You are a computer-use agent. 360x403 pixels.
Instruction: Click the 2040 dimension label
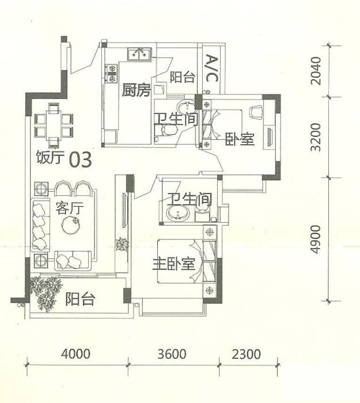[316, 71]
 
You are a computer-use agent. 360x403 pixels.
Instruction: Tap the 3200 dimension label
[316, 137]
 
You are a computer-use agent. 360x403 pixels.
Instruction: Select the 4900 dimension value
[316, 239]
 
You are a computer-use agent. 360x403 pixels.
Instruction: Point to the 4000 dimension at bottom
[75, 353]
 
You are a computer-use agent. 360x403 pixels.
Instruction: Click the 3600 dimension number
[172, 353]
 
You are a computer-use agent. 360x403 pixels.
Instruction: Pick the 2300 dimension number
[247, 353]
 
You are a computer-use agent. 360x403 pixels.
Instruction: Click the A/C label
[212, 68]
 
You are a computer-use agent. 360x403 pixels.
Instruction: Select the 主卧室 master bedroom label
[174, 264]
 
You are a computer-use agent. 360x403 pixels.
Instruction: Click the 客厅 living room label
[70, 208]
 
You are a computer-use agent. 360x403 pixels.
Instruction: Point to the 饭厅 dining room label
[50, 157]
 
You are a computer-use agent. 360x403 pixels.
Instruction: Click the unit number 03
[81, 159]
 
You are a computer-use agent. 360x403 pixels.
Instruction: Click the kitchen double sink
[139, 54]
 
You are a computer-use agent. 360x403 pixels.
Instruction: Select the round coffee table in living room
[70, 225]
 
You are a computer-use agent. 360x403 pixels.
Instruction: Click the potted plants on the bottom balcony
[46, 293]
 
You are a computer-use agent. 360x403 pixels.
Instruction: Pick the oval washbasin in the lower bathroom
[178, 214]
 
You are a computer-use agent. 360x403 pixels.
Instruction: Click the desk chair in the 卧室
[256, 112]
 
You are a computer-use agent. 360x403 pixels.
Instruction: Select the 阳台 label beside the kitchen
[183, 77]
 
